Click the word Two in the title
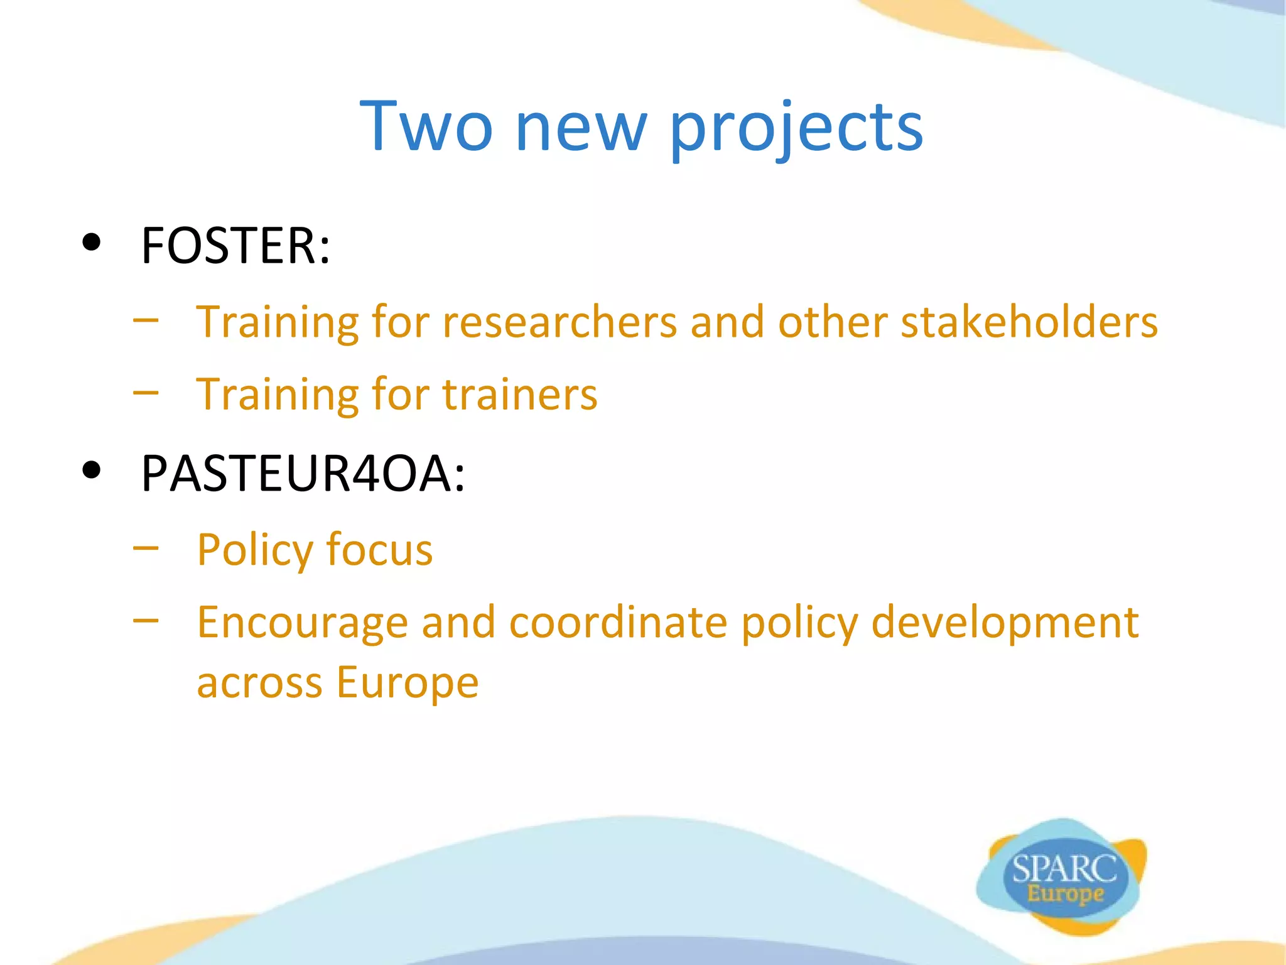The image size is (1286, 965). [426, 127]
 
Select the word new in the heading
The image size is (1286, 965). [580, 129]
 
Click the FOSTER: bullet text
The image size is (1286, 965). [235, 246]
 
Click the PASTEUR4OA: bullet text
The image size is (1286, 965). [303, 473]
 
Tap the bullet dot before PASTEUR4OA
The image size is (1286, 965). [92, 469]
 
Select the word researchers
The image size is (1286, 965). [559, 322]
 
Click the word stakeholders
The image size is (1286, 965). [1029, 321]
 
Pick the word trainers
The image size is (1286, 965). [519, 395]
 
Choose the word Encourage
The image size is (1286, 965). [302, 624]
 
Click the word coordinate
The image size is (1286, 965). [618, 623]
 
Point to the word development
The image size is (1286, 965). [1005, 624]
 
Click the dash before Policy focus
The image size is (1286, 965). [146, 548]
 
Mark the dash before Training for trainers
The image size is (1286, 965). [146, 393]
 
